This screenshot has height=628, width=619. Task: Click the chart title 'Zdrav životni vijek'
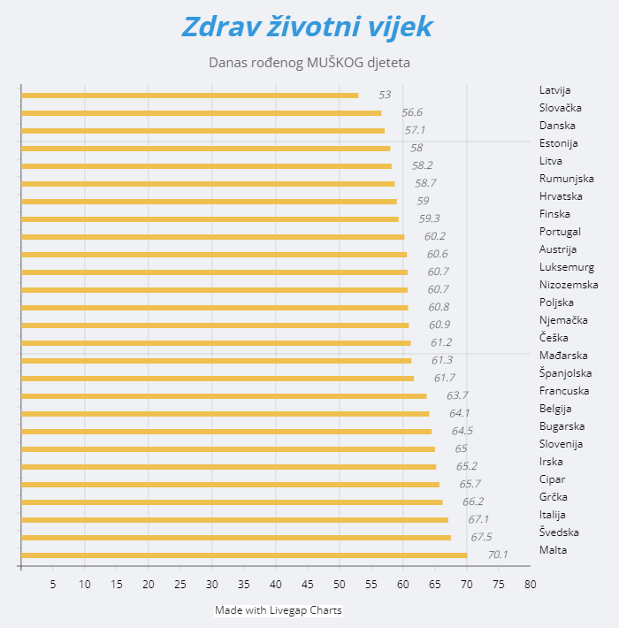pyautogui.click(x=307, y=27)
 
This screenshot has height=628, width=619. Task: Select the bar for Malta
pyautogui.click(x=243, y=555)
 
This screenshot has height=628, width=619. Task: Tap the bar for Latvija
pyautogui.click(x=189, y=96)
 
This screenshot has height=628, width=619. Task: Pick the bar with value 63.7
pyautogui.click(x=223, y=396)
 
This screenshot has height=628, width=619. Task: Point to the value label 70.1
pyautogui.click(x=498, y=555)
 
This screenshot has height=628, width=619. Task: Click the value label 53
pyautogui.click(x=385, y=95)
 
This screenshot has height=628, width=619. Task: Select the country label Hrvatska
pyautogui.click(x=561, y=196)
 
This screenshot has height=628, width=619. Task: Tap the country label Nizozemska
pyautogui.click(x=569, y=285)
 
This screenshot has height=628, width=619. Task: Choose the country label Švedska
pyautogui.click(x=559, y=532)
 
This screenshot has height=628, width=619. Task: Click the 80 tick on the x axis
pyautogui.click(x=531, y=584)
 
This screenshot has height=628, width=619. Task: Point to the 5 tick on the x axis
pyautogui.click(x=53, y=584)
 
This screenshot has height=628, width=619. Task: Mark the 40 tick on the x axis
pyautogui.click(x=276, y=584)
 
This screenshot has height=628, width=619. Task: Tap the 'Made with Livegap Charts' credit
pyautogui.click(x=278, y=610)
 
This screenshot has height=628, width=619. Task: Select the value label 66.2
pyautogui.click(x=473, y=502)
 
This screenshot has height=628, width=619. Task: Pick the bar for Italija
pyautogui.click(x=234, y=520)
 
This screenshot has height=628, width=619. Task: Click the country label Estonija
pyautogui.click(x=558, y=143)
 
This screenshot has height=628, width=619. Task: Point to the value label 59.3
pyautogui.click(x=430, y=218)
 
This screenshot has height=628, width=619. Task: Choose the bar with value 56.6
pyautogui.click(x=201, y=113)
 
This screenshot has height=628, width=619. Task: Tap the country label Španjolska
pyautogui.click(x=565, y=373)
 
